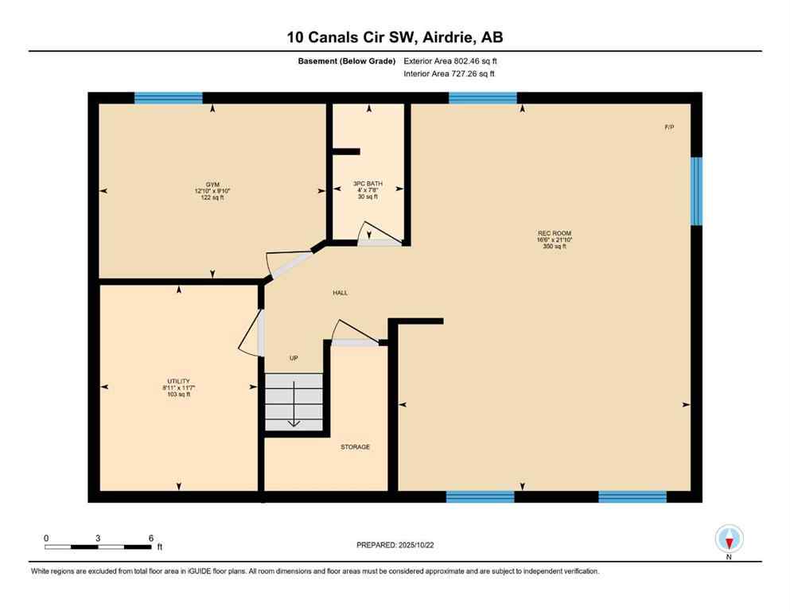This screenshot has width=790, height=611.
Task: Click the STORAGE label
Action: (x=355, y=447)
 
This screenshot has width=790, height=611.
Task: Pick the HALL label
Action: (x=341, y=293)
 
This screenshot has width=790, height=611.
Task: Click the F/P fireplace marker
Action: (x=669, y=127)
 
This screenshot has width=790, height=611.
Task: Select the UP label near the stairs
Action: (x=294, y=359)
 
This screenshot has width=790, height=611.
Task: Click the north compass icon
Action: (x=729, y=539)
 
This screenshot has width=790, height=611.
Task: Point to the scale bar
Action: (x=98, y=547)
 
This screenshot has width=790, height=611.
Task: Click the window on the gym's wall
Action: (x=168, y=98)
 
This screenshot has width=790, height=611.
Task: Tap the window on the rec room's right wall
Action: (x=696, y=191)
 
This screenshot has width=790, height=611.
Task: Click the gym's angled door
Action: (x=290, y=262)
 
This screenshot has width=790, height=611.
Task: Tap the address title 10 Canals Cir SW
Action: (x=395, y=37)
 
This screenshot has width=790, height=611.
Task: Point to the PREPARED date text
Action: (x=395, y=545)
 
